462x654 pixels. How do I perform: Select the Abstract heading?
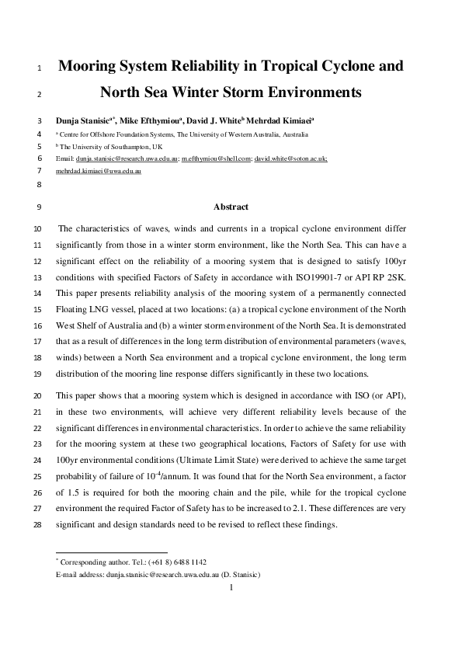click(231, 207)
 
